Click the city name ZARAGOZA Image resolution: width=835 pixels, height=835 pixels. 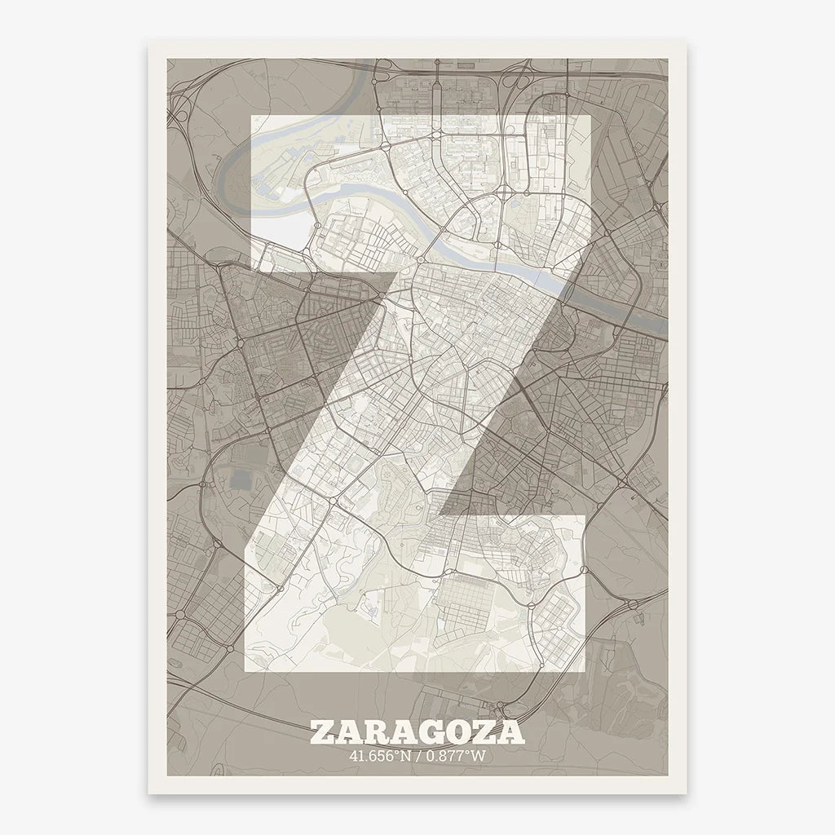(x=417, y=731)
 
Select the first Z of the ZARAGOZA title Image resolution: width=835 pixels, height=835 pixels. (x=321, y=731)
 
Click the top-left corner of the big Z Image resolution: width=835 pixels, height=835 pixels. (x=250, y=117)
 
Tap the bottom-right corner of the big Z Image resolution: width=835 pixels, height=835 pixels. (x=585, y=669)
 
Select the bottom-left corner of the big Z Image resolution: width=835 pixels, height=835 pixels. (x=246, y=669)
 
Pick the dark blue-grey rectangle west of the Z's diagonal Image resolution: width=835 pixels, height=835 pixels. (x=241, y=479)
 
